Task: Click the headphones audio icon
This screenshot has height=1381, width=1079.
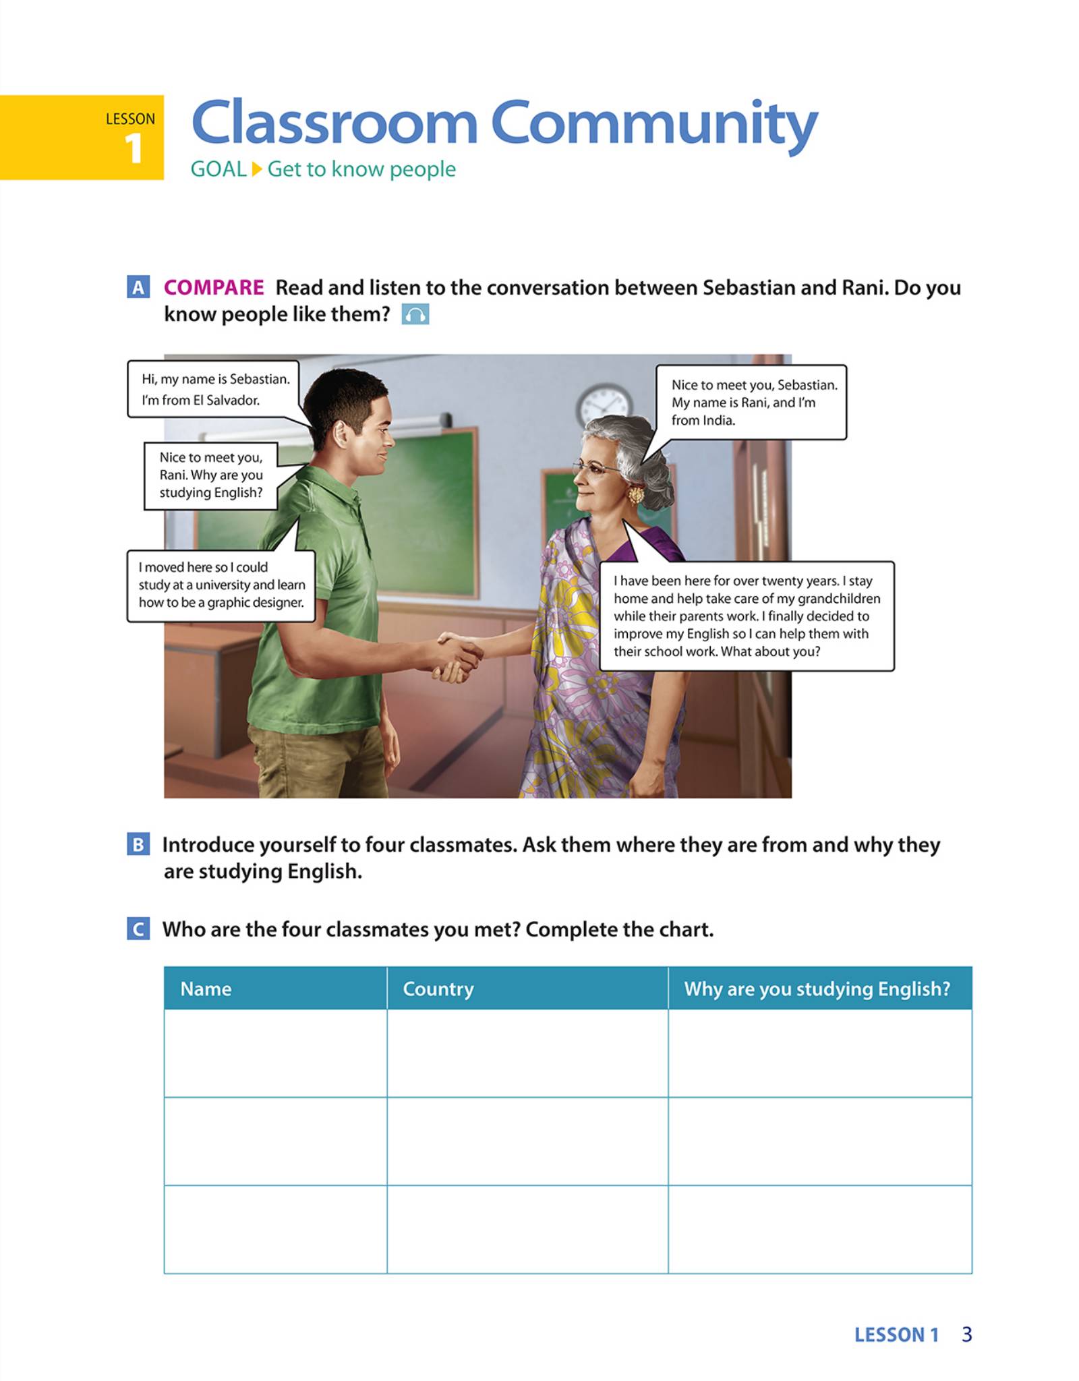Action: (x=415, y=314)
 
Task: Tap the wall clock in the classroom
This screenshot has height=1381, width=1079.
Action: (x=604, y=405)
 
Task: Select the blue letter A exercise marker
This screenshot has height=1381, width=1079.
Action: (x=138, y=287)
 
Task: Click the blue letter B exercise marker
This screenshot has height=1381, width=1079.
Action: (x=138, y=844)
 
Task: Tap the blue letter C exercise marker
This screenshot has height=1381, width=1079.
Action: (x=138, y=929)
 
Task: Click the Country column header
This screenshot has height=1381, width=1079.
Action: (x=438, y=989)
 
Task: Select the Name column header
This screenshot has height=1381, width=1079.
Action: (x=206, y=989)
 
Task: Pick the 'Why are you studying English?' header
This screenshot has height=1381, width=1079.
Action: (x=817, y=989)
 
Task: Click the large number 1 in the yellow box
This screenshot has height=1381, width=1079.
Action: (x=134, y=148)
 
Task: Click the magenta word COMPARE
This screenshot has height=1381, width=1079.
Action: (x=214, y=287)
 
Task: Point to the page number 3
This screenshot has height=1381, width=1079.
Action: (x=966, y=1334)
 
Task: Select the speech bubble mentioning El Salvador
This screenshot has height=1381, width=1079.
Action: (x=214, y=389)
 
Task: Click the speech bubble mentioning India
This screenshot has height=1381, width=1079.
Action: (x=751, y=402)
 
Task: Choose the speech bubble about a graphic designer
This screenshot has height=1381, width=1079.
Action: (x=221, y=585)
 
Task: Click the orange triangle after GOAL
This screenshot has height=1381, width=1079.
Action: (x=257, y=169)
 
